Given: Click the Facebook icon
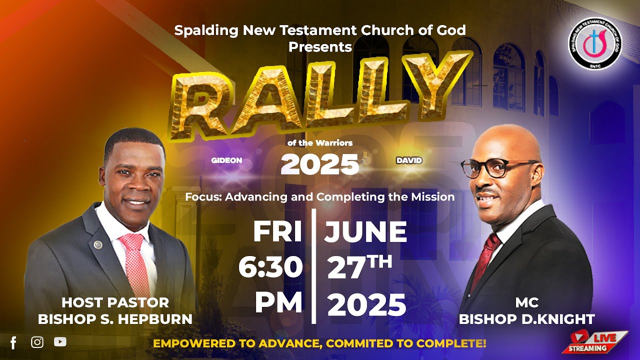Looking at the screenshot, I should point(13,342).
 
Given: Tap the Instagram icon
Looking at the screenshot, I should point(37,342).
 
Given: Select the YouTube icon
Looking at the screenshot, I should point(60,342).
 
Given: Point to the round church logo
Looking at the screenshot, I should point(594,43).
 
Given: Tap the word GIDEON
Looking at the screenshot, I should point(226,160).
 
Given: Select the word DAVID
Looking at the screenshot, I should point(409,160).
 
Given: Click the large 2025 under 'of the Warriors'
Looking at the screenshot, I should point(320,164).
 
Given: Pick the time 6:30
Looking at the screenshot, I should point(270,268).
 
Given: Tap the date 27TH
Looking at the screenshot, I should point(359,268).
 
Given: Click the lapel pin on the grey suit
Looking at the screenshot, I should point(98,244).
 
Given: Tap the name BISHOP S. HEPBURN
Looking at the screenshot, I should point(115,319).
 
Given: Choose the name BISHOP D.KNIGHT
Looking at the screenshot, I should point(526,319).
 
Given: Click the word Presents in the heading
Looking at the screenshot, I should point(320,47).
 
